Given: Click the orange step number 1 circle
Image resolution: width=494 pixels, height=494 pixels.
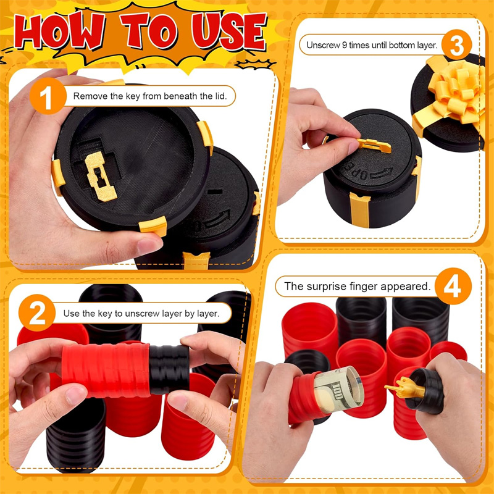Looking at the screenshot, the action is [x=48, y=96].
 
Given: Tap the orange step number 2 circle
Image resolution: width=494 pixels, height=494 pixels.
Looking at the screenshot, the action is [x=37, y=312].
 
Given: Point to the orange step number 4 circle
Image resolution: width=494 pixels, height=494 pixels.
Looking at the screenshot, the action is [x=453, y=286].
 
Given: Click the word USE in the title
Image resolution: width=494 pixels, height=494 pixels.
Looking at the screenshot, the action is [x=230, y=31].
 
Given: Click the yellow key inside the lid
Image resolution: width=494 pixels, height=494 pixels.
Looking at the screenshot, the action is [x=100, y=176].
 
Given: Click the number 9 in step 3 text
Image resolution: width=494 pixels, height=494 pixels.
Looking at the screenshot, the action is [x=345, y=45].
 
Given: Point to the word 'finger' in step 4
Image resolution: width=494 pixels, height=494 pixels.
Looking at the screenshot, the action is [x=364, y=287].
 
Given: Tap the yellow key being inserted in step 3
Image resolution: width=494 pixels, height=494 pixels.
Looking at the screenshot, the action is [x=374, y=145].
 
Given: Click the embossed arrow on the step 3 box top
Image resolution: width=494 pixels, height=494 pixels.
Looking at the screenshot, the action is [x=382, y=174].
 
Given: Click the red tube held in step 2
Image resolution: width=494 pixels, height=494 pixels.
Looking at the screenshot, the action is [x=106, y=370].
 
